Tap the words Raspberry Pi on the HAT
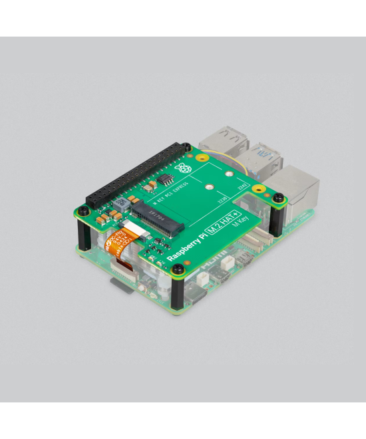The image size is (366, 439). (x=185, y=247)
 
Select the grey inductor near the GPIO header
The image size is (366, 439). (x=122, y=203)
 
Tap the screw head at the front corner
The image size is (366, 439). (x=178, y=269)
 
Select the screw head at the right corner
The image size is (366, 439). (x=279, y=198)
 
